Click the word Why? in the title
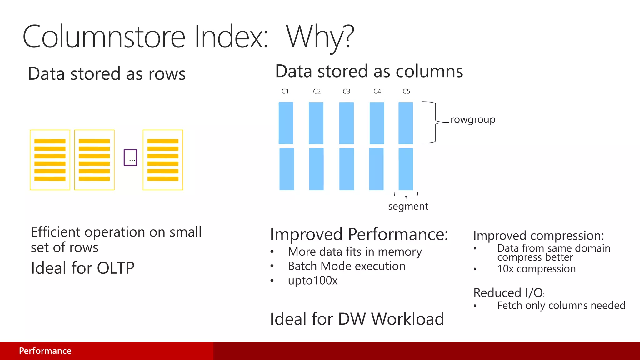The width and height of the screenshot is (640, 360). click(320, 37)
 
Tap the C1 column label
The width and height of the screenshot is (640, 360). click(285, 91)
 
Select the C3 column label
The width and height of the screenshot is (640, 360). click(346, 91)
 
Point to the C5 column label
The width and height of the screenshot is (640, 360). click(406, 91)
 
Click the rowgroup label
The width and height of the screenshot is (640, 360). click(473, 120)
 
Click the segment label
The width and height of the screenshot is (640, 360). click(408, 206)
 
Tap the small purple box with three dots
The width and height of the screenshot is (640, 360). click(130, 157)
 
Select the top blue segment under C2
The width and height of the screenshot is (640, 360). click(316, 123)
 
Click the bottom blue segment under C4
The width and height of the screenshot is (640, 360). click(376, 169)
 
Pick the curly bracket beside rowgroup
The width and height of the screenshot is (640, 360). click(435, 122)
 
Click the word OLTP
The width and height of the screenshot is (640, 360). click(116, 268)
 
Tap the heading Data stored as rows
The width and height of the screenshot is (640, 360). click(107, 74)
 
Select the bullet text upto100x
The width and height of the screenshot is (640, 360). click(312, 281)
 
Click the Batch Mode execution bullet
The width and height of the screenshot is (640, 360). click(347, 266)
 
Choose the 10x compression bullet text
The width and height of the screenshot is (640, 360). click(536, 269)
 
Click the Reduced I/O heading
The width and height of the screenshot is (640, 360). click(508, 293)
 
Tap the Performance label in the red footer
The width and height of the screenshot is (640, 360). click(45, 351)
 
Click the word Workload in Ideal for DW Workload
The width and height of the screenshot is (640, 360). click(407, 319)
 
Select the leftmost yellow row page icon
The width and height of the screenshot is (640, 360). click(50, 160)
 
